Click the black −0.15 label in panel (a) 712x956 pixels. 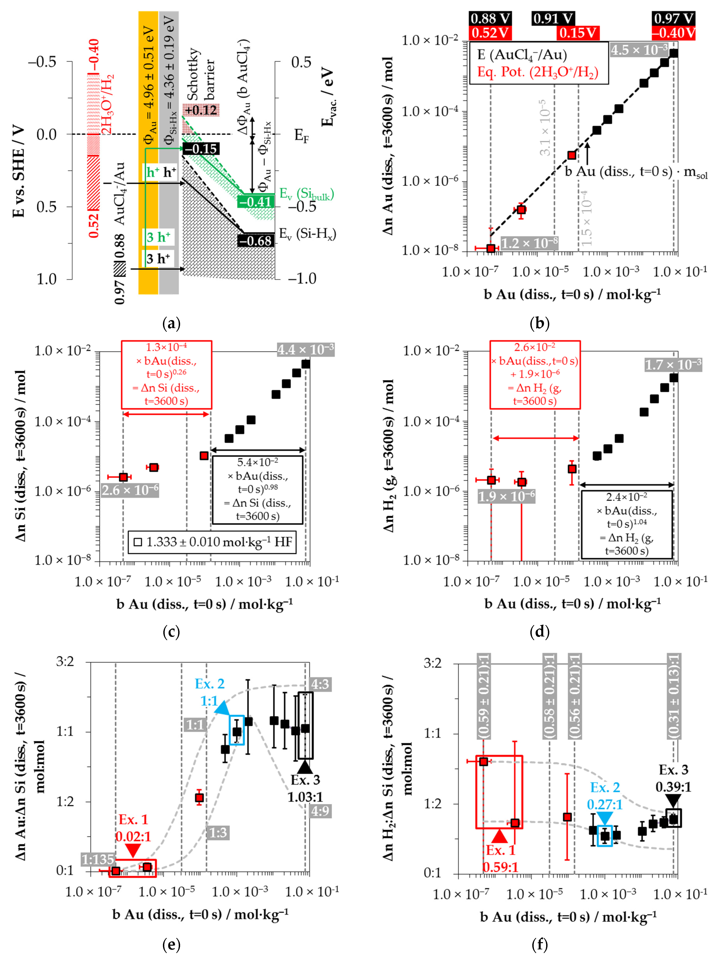pos(201,149)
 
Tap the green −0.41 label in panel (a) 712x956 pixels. pos(256,202)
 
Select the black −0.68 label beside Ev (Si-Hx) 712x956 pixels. pos(256,240)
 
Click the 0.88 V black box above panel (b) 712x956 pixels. pos(491,19)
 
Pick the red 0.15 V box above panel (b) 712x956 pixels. pos(578,33)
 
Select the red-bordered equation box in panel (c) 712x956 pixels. pos(166,374)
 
